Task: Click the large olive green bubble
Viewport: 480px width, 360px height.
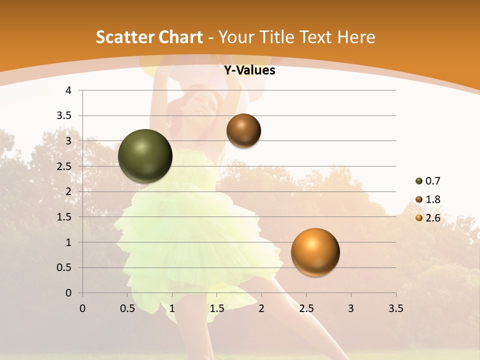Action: pos(145,156)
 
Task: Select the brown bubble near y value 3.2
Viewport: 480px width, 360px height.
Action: pos(243,130)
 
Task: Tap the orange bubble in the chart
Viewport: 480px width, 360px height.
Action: pos(315,252)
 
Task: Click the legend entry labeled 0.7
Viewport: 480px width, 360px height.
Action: pos(428,181)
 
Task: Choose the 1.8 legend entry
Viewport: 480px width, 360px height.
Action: pos(428,199)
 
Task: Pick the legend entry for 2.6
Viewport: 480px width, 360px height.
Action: pos(428,218)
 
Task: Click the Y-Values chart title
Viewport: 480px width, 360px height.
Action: pos(249,70)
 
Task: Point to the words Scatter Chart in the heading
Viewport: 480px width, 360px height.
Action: pos(149,37)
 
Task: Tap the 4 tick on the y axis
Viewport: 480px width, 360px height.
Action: pos(69,90)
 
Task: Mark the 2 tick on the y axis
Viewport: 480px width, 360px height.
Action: pos(69,191)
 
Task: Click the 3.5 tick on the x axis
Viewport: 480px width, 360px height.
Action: pos(395,308)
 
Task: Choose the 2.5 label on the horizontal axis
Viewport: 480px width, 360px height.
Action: pos(306,308)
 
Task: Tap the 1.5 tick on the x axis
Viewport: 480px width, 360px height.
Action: pos(216,308)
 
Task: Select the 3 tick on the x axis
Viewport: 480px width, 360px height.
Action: pos(351,308)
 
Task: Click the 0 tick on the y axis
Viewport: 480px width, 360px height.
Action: pos(69,293)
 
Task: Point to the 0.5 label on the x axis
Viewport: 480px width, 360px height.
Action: pos(127,308)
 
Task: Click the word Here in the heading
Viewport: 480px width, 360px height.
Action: pos(355,37)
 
